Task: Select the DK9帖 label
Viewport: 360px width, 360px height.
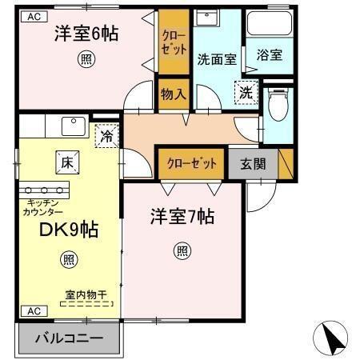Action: point(70,230)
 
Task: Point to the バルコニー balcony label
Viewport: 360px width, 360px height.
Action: point(70,338)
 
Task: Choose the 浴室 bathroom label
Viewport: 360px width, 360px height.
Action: point(269,56)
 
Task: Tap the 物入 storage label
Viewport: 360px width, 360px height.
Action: point(173,94)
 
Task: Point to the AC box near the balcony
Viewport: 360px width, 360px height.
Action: point(33,310)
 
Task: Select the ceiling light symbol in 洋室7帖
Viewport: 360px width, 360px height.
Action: point(182,251)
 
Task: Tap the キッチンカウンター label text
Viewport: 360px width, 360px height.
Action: point(45,208)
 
